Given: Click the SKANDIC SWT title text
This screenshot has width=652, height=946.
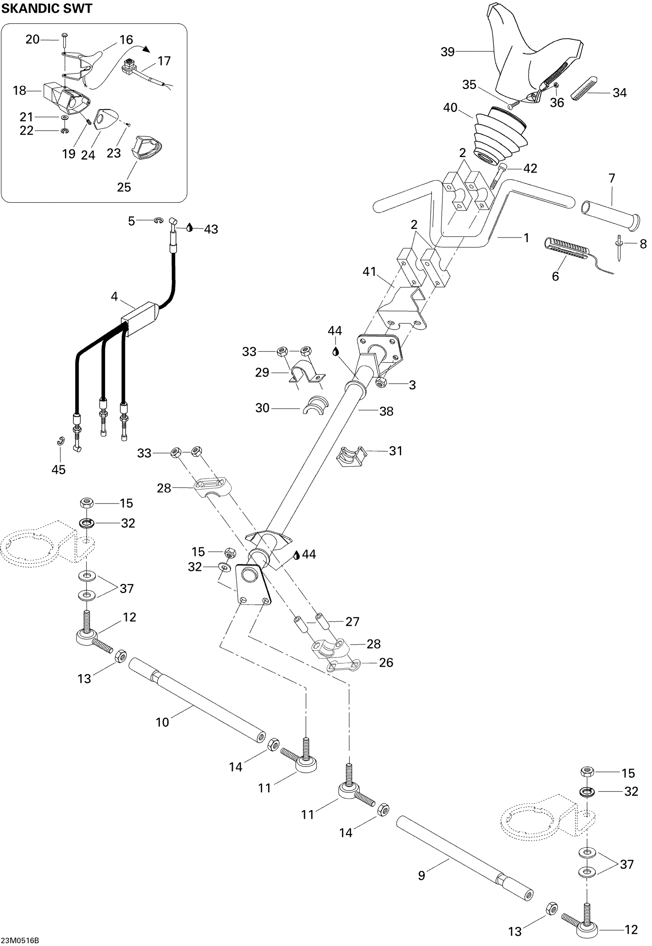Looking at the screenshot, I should tap(47, 8).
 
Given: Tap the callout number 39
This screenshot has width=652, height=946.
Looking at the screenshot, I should tap(447, 52).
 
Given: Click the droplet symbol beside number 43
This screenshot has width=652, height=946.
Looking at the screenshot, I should tap(189, 228).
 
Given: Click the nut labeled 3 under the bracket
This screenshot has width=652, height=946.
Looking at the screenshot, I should tap(381, 382).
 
